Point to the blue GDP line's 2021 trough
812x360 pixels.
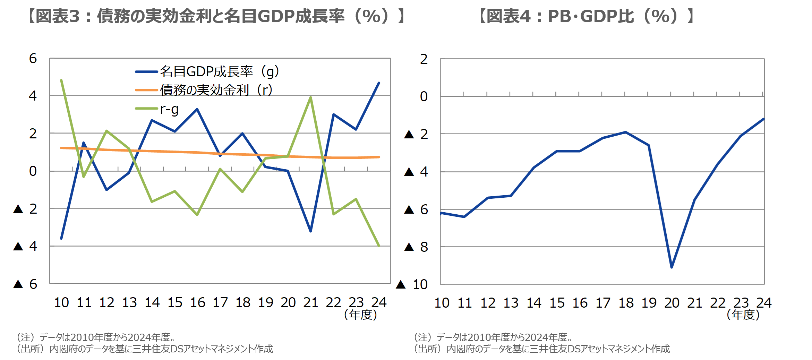coord(310,231)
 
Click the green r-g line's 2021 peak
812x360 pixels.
coord(310,97)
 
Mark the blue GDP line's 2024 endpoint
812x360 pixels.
coord(379,83)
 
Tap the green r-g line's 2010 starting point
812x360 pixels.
coord(61,80)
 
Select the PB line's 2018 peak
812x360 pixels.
coord(625,132)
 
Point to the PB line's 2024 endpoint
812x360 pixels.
coord(763,119)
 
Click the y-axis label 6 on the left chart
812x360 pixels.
coord(33,59)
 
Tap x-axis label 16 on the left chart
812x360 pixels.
coord(197,303)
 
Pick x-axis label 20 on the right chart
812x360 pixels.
coord(672,303)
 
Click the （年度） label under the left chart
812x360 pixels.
coord(360,315)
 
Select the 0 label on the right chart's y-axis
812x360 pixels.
coord(424,97)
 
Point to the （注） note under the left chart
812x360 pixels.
coord(96,337)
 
